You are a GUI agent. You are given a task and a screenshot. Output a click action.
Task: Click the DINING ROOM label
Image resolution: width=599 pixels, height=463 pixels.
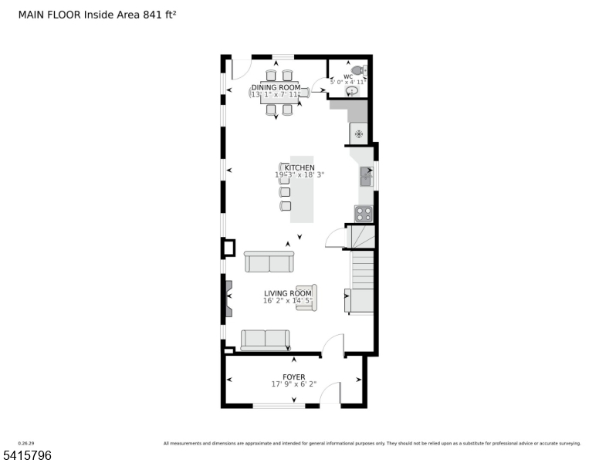276,87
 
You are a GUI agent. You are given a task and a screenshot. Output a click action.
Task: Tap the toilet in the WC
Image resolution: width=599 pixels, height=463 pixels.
357,70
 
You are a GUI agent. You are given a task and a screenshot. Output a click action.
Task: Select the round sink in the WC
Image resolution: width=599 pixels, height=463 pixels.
352,90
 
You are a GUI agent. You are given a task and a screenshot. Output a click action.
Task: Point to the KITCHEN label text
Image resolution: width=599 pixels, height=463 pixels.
299,167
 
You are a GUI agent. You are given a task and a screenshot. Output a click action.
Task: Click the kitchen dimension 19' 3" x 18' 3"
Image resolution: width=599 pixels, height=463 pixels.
299,175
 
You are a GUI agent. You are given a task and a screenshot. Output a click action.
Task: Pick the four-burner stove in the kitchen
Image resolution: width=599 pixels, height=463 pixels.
363,214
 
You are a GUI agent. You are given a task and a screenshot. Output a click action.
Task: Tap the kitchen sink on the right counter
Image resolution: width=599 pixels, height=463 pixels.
364,177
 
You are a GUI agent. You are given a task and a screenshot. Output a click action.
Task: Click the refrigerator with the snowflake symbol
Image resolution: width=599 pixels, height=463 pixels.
358,133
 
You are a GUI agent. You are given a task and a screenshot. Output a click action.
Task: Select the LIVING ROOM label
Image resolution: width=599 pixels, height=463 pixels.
288,293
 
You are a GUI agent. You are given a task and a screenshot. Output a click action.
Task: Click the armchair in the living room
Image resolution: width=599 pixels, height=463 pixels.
306,298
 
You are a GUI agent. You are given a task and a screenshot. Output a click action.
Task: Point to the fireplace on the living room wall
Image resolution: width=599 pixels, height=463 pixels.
228,299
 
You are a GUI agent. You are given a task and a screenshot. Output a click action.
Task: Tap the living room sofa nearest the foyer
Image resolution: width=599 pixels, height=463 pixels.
265,339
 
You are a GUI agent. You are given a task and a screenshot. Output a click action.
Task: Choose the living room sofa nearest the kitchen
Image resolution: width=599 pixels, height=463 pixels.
269,262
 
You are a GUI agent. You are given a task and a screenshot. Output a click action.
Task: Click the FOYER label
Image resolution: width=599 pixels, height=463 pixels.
293,377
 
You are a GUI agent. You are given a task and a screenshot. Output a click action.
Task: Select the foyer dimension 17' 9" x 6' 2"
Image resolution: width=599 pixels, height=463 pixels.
293,384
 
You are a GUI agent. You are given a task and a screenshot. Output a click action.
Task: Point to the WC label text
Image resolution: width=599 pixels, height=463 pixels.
348,76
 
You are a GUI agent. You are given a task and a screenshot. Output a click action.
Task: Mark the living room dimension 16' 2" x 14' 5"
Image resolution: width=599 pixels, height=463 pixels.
288,301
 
